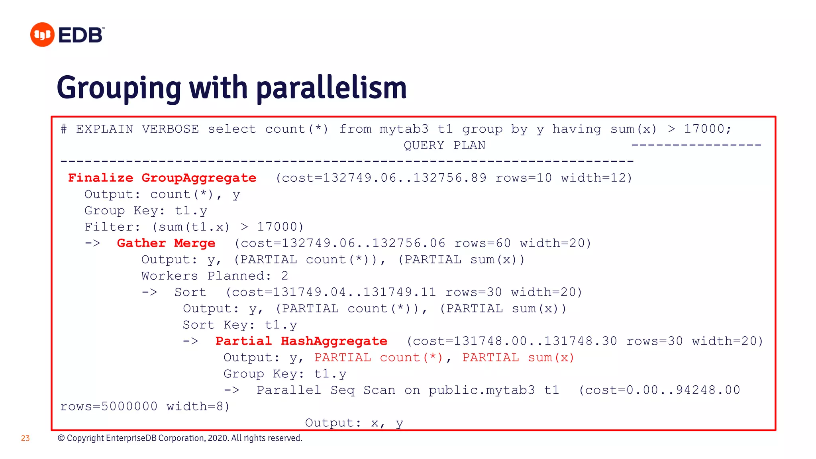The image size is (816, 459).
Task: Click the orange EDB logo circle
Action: (x=42, y=35)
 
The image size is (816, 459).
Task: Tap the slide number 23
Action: (x=25, y=438)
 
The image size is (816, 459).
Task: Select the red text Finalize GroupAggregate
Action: (x=162, y=178)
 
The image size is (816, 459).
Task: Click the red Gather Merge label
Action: (x=166, y=243)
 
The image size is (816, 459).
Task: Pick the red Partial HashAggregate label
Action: (x=301, y=341)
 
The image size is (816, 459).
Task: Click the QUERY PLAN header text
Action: (x=444, y=145)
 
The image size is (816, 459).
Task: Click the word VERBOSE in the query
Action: (x=170, y=129)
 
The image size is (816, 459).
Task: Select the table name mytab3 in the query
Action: (x=404, y=129)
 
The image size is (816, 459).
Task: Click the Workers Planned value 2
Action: (x=284, y=276)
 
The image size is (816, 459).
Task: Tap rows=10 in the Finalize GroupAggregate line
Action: (x=524, y=178)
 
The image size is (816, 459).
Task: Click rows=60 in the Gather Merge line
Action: (x=483, y=243)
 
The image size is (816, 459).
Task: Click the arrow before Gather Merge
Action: (x=92, y=243)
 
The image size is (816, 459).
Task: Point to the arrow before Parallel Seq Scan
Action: (x=231, y=390)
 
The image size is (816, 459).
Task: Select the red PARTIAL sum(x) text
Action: (x=518, y=357)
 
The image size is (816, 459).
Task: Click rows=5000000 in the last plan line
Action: (x=109, y=406)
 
